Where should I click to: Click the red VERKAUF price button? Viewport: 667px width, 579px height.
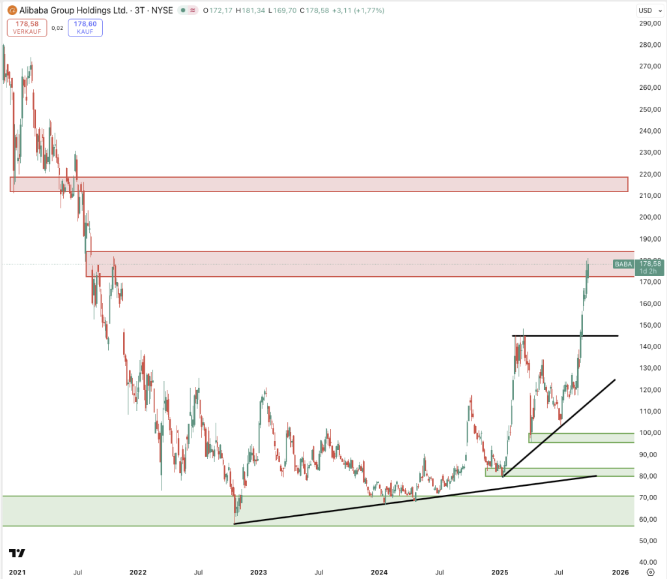[x=26, y=27]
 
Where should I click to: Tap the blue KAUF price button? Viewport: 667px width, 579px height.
[x=85, y=27]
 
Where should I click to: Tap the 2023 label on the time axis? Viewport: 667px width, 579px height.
[x=259, y=572]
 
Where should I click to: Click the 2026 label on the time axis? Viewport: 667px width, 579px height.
[x=621, y=572]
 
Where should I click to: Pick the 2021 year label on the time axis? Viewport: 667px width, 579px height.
[x=17, y=572]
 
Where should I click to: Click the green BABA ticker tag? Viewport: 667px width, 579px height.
[x=623, y=264]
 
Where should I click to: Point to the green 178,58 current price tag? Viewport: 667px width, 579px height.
[x=651, y=264]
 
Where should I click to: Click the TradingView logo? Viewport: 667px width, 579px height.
[x=17, y=553]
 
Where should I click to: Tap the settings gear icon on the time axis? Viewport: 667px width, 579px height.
[x=650, y=572]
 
